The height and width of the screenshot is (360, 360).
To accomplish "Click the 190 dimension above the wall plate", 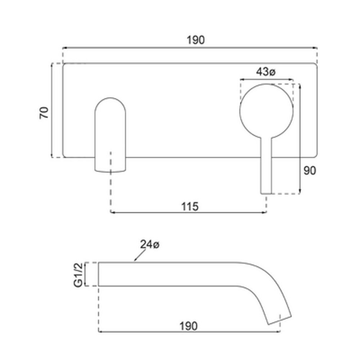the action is [196, 40].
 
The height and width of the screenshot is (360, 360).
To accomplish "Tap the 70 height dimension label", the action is [44, 112].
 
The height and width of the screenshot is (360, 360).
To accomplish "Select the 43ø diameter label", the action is [266, 72].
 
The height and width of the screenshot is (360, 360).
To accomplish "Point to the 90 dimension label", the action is [310, 170].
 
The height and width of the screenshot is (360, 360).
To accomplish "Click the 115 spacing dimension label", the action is [190, 207].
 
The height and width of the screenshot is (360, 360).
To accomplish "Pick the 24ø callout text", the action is [150, 244].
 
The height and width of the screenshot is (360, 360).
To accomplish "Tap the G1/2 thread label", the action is [78, 274].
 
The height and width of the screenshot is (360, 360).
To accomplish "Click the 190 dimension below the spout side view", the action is [188, 326].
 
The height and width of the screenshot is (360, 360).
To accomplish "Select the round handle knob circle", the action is [266, 84].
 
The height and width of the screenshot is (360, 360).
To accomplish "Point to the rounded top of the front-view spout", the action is [110, 98].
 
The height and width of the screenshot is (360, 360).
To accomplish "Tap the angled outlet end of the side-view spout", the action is [280, 320].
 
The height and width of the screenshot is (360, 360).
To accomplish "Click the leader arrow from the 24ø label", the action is [140, 255].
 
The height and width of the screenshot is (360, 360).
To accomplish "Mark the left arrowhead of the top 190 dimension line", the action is [65, 48].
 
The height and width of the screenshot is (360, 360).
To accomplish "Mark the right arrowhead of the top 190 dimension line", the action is [315, 48].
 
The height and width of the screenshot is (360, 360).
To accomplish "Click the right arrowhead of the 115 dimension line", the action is [264, 213].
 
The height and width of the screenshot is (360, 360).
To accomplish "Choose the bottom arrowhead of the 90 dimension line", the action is [300, 192].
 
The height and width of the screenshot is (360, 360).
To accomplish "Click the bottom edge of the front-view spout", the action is [110, 172].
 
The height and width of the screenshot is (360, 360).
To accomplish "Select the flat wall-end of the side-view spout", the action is [98, 274].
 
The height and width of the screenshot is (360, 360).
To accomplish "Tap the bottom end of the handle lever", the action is [266, 194].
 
